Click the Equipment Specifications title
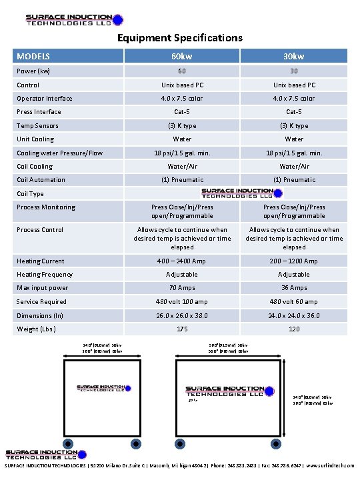[x=180, y=38]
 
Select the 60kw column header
[x=182, y=57]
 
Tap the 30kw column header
[x=294, y=57]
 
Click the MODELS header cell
[x=33, y=57]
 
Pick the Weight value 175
[x=182, y=329]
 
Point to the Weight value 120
[x=294, y=329]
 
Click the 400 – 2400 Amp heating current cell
[x=182, y=261]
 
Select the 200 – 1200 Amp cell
[x=294, y=261]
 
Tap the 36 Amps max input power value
[x=294, y=288]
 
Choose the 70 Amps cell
[x=182, y=288]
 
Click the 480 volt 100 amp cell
[x=182, y=302]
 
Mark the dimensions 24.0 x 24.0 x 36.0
[x=294, y=315]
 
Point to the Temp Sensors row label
[x=37, y=125]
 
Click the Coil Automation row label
[x=41, y=179]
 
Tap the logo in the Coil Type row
[x=237, y=193]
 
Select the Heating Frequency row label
[x=45, y=275]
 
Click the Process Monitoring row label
[x=46, y=207]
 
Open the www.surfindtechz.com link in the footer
[x=330, y=466]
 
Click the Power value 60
[x=182, y=71]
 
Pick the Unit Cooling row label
[x=35, y=139]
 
